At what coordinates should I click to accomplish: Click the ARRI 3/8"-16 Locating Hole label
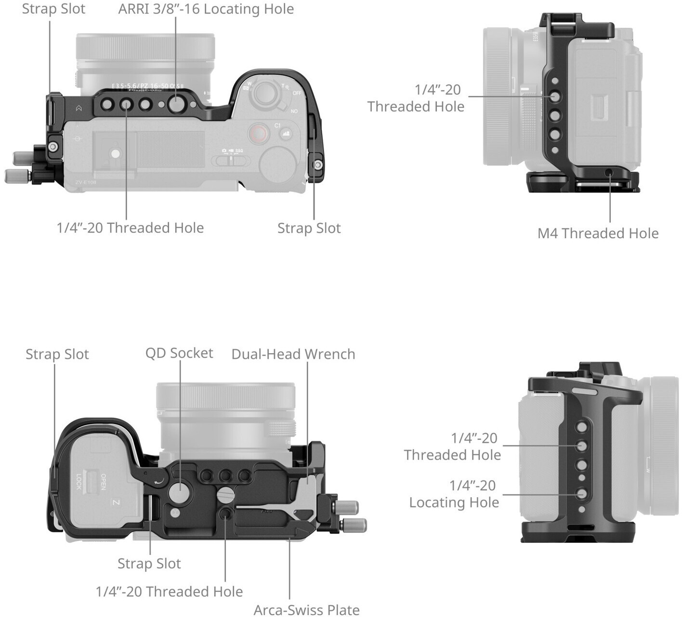206,9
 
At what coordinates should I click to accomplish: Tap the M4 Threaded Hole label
598,233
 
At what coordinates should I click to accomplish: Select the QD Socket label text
179,353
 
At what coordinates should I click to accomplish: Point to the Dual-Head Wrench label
293,354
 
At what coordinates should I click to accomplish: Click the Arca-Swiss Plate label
306,610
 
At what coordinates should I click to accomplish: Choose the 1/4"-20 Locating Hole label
454,494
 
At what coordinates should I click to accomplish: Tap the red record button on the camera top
259,132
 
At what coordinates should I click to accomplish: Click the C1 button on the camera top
277,126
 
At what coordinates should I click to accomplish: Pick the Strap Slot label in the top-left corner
53,9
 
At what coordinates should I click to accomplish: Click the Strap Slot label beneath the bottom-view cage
149,564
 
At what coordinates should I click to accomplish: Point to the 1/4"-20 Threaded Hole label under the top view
130,228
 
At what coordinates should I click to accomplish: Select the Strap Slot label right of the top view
309,228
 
